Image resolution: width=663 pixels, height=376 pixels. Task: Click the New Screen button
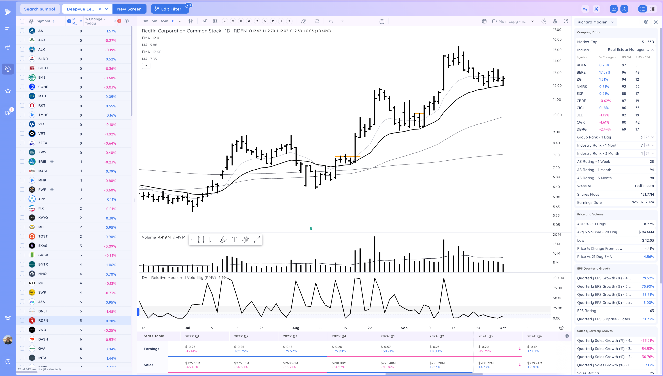tap(129, 9)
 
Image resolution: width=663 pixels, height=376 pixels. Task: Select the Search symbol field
tap(40, 9)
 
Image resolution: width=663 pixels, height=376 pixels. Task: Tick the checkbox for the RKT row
tap(22, 105)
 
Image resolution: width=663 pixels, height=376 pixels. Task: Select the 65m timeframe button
tap(164, 21)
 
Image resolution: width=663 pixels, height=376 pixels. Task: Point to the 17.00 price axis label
tap(557, 30)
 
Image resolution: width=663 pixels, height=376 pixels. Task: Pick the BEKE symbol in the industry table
tap(581, 72)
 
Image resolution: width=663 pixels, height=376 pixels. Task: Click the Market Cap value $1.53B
tap(648, 42)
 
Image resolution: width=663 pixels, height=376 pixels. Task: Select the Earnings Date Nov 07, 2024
tap(642, 202)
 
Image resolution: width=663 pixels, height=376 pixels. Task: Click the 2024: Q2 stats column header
tap(437, 336)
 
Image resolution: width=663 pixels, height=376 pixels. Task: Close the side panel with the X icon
tap(656, 22)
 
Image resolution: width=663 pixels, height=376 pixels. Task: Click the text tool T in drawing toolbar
tap(234, 240)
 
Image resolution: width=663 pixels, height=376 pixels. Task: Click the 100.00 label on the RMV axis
tap(558, 278)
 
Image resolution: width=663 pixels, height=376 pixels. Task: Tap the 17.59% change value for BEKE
tap(605, 72)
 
